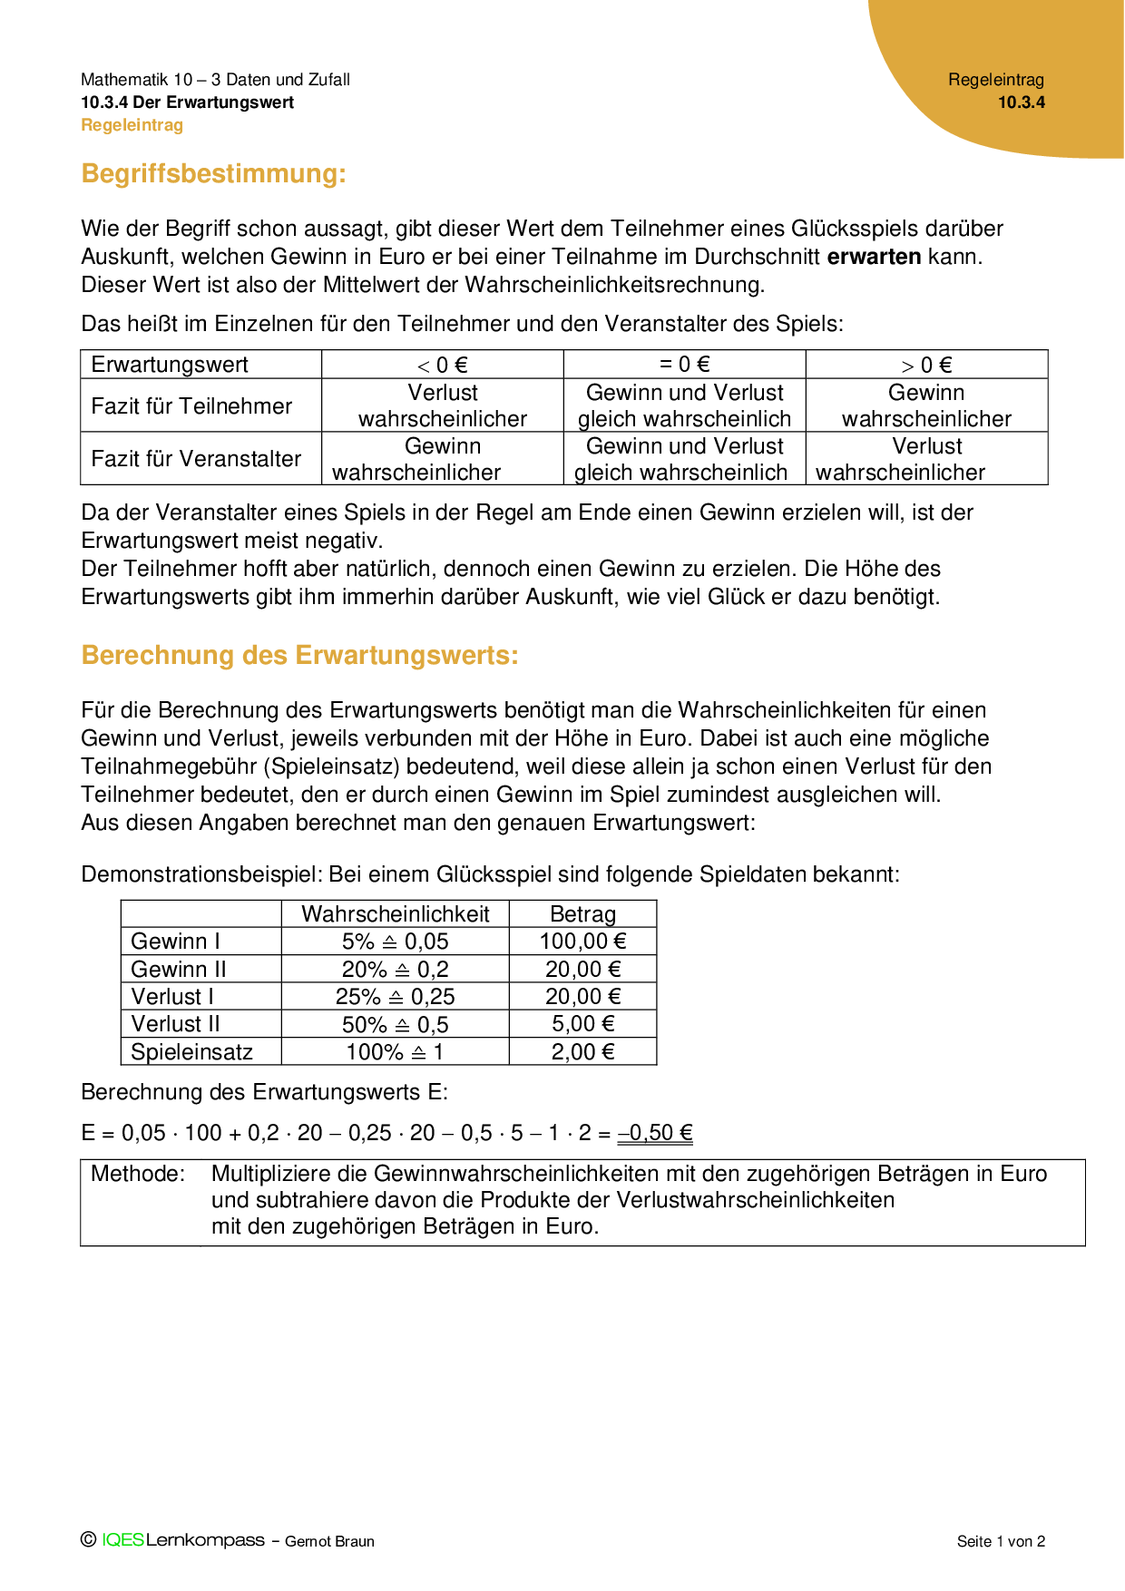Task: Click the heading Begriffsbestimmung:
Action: [213, 173]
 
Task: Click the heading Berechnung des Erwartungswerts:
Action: [299, 655]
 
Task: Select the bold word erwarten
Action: [874, 257]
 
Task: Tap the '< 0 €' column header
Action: [443, 365]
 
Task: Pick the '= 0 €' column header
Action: [684, 365]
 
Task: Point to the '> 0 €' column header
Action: [926, 365]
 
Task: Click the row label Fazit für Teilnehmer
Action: [191, 405]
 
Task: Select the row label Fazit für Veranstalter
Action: [196, 458]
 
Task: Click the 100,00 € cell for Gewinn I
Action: [582, 942]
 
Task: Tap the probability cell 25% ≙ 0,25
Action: [395, 997]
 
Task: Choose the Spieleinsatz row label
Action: [191, 1052]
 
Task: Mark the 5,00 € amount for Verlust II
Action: [582, 1024]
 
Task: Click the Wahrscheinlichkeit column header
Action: [395, 914]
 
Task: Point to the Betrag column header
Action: [582, 914]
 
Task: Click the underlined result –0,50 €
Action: [655, 1133]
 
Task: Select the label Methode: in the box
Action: [138, 1174]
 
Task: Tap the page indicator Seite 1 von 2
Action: [1001, 1541]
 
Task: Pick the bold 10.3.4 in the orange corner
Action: [1022, 102]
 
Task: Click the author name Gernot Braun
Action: [329, 1541]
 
